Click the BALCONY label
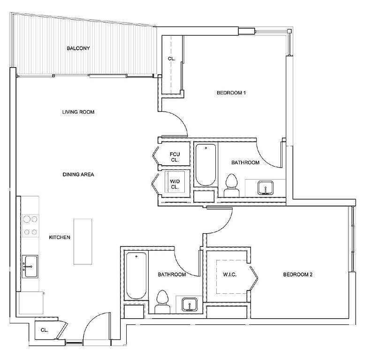(78, 48)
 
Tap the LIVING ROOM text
(78, 112)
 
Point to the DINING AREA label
(78, 175)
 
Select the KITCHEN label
(60, 237)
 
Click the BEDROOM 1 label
(231, 92)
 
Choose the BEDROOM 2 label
(298, 275)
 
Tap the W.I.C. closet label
(229, 275)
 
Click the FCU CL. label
(175, 157)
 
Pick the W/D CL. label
(175, 184)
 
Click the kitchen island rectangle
(83, 241)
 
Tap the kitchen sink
(30, 267)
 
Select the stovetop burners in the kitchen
(30, 225)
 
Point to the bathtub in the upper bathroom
(205, 165)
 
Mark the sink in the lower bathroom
(190, 305)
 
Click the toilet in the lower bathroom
(162, 302)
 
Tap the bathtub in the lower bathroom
(136, 276)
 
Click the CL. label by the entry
(44, 330)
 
